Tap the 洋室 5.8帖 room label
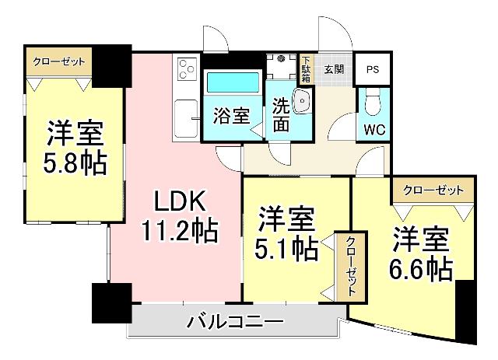pos(75,147)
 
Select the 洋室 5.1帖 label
pos(287,232)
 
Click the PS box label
pos(373,68)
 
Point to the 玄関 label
pos(335,68)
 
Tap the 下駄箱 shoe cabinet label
pos(307,68)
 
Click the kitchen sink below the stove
pos(187,119)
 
